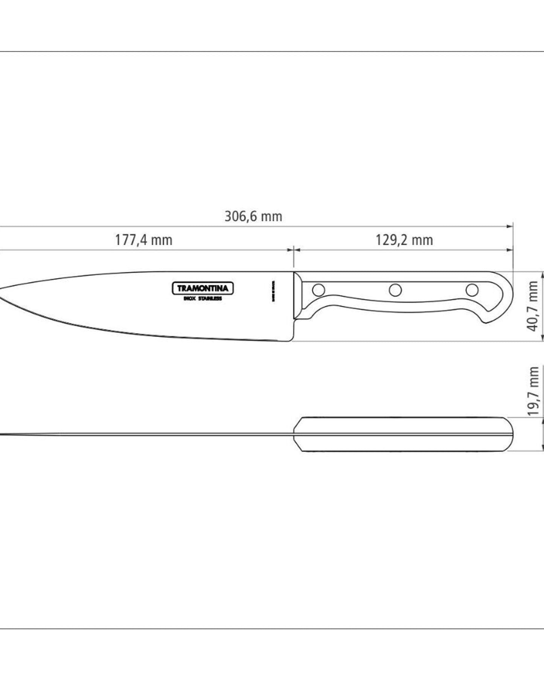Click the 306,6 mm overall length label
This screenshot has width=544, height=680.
(x=253, y=217)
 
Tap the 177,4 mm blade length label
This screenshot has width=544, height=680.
(x=143, y=240)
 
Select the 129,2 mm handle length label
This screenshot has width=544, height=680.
(x=404, y=240)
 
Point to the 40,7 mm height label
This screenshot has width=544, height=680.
(x=533, y=306)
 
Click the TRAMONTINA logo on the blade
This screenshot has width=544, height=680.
(x=203, y=289)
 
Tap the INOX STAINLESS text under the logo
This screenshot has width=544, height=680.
(x=203, y=299)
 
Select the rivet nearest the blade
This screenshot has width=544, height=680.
(x=319, y=290)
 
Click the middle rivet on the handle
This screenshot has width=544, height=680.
(x=395, y=290)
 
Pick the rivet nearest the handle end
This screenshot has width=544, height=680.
(x=472, y=290)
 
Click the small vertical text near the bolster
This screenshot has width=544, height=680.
(x=274, y=291)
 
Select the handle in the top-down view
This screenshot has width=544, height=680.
(x=403, y=434)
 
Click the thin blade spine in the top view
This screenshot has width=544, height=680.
(x=151, y=435)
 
